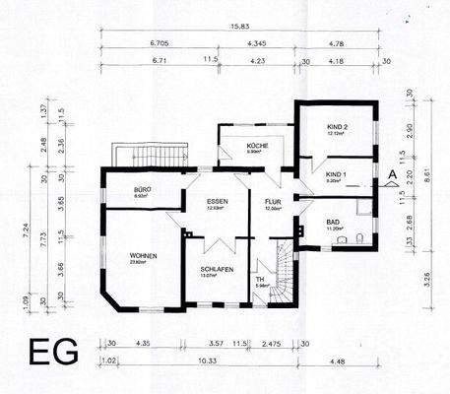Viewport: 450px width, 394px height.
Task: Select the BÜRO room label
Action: point(142,189)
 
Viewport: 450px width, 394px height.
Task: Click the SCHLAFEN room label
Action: point(215,268)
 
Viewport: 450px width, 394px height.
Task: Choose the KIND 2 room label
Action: point(338,129)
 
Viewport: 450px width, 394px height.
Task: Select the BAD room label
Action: point(333,222)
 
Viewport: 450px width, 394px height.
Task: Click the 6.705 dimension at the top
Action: point(158,44)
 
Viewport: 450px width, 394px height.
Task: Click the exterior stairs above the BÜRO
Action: point(152,156)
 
